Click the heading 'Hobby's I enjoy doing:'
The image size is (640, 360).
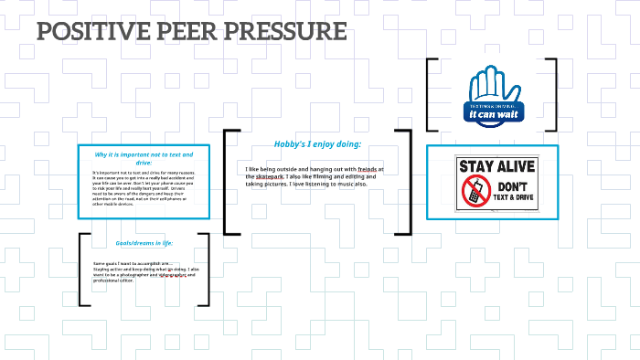pyautogui.click(x=317, y=144)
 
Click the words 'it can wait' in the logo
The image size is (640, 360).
pyautogui.click(x=492, y=116)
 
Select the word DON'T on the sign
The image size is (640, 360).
pyautogui.click(x=508, y=185)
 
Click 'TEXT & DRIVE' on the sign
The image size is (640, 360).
pyautogui.click(x=508, y=198)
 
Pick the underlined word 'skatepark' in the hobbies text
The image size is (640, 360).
pyautogui.click(x=271, y=176)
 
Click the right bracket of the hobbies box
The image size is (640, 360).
pyautogui.click(x=410, y=183)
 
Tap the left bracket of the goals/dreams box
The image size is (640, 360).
pyautogui.click(x=82, y=270)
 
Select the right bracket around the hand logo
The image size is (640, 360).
pyautogui.click(x=554, y=96)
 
